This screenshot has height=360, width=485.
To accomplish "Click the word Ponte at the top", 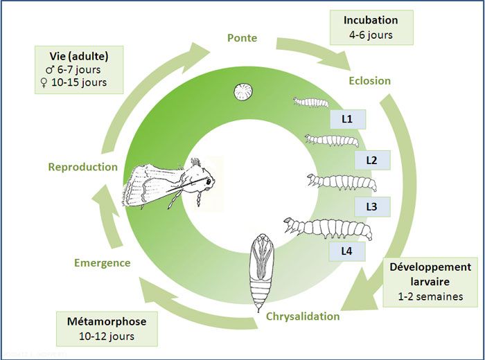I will click(x=242, y=37).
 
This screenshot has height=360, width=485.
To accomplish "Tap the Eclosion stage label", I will click(x=370, y=80).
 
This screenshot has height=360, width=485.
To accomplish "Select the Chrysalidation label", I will click(x=303, y=316).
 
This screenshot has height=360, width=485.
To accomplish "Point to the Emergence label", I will click(x=102, y=262).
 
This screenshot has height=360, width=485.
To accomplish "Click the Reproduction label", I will click(x=83, y=167).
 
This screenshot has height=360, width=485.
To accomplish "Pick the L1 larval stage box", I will click(x=348, y=118).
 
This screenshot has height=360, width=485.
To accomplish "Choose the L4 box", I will click(x=348, y=251).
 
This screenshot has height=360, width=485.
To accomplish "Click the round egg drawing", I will click(x=242, y=91).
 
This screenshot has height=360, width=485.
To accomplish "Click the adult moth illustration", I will click(x=170, y=181).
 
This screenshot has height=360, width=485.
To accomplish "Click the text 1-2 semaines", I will click(x=430, y=297).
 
